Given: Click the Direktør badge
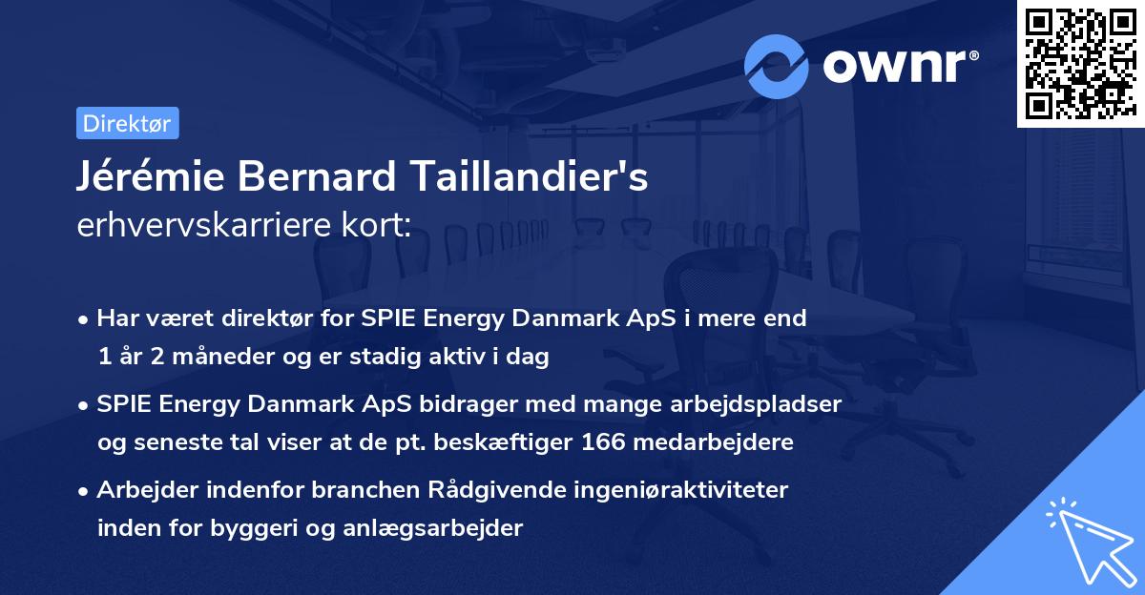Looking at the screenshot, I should coord(127,123).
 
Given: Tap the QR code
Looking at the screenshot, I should coord(1080,64).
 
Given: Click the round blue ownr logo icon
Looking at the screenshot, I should coord(777,66).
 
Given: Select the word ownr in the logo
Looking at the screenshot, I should coord(899,67).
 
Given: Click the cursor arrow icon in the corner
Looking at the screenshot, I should coord(1089,542).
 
